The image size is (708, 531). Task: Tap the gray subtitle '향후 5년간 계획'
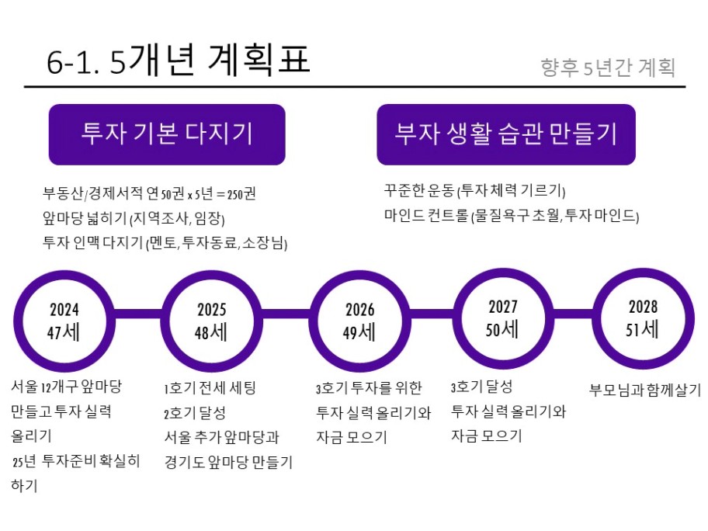coord(608,68)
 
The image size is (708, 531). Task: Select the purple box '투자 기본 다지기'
coord(167,134)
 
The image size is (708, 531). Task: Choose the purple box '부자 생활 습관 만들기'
coord(506,134)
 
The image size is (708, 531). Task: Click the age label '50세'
coord(502,329)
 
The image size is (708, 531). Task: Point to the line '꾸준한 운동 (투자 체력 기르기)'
coord(474,190)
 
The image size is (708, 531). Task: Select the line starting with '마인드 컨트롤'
coord(512,215)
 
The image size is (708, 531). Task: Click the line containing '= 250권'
coord(149,193)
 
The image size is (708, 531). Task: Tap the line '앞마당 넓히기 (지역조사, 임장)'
coord(134,218)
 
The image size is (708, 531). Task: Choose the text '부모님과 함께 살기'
coord(645,390)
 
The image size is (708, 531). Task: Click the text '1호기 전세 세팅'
coord(210,388)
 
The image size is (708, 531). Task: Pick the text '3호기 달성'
coord(481,387)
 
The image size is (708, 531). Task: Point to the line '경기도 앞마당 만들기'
coord(228,462)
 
